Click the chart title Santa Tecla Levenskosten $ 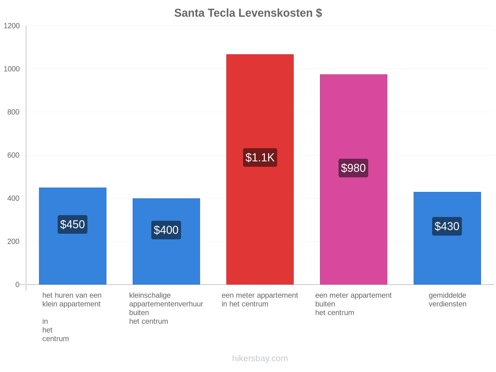248,13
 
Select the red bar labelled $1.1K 260,169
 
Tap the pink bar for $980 353,179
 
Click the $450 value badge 73,224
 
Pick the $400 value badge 166,230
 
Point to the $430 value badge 447,226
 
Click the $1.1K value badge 260,157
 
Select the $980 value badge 353,168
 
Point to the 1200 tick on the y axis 11,26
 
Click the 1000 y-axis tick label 11,69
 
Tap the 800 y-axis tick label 13,112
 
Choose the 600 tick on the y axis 13,155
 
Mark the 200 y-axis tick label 13,241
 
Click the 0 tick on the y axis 17,285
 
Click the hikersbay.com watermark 260,358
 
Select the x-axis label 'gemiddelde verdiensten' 447,299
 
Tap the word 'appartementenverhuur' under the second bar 166,304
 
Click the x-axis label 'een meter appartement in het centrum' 260,299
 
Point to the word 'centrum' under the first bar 55,339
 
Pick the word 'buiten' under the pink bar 325,304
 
